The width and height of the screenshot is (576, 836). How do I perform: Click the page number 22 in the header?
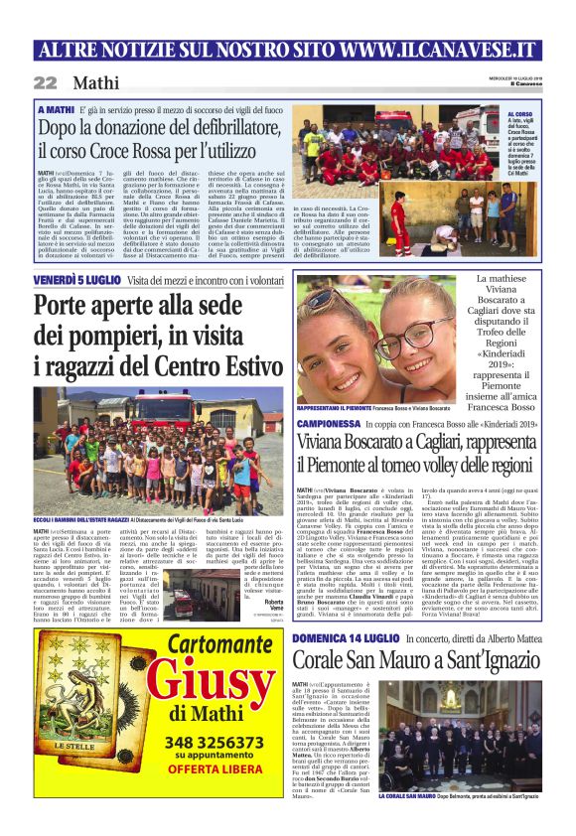[45, 82]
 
